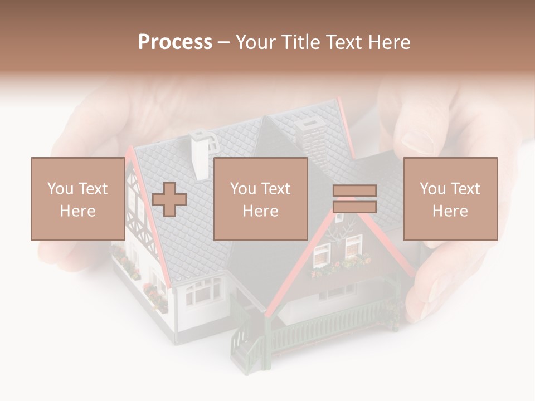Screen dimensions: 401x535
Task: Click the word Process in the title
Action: coord(175,42)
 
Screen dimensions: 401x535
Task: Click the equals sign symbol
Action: coord(355,199)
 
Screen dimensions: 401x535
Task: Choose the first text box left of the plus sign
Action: coord(77,199)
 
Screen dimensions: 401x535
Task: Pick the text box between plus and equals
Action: coord(261,199)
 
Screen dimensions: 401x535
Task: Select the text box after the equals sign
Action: coord(450,199)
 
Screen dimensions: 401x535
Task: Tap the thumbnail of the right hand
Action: coord(417,142)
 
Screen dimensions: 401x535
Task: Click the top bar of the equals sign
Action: coord(355,191)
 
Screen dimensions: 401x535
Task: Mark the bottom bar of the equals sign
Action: coord(355,207)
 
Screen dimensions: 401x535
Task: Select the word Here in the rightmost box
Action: coord(450,211)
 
